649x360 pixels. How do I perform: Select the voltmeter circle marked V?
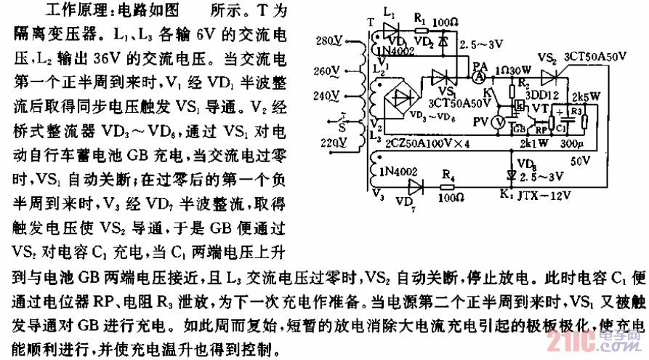pos(499,122)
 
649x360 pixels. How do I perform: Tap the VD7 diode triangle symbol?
pos(416,186)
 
